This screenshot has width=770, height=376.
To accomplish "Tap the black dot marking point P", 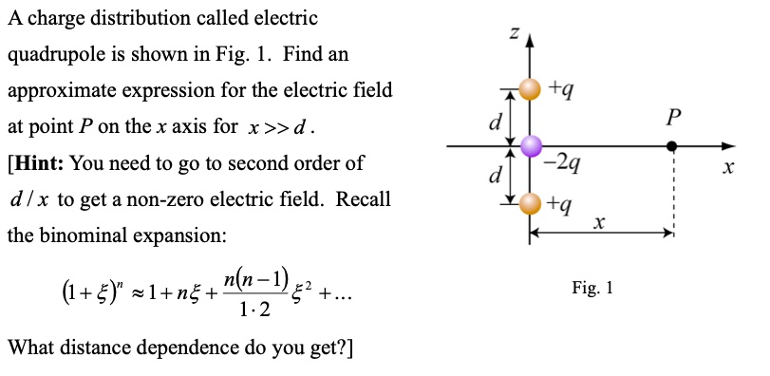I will (672, 146).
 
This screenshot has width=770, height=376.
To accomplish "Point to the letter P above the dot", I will (673, 118).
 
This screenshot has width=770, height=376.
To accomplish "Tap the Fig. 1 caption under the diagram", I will (593, 286).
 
